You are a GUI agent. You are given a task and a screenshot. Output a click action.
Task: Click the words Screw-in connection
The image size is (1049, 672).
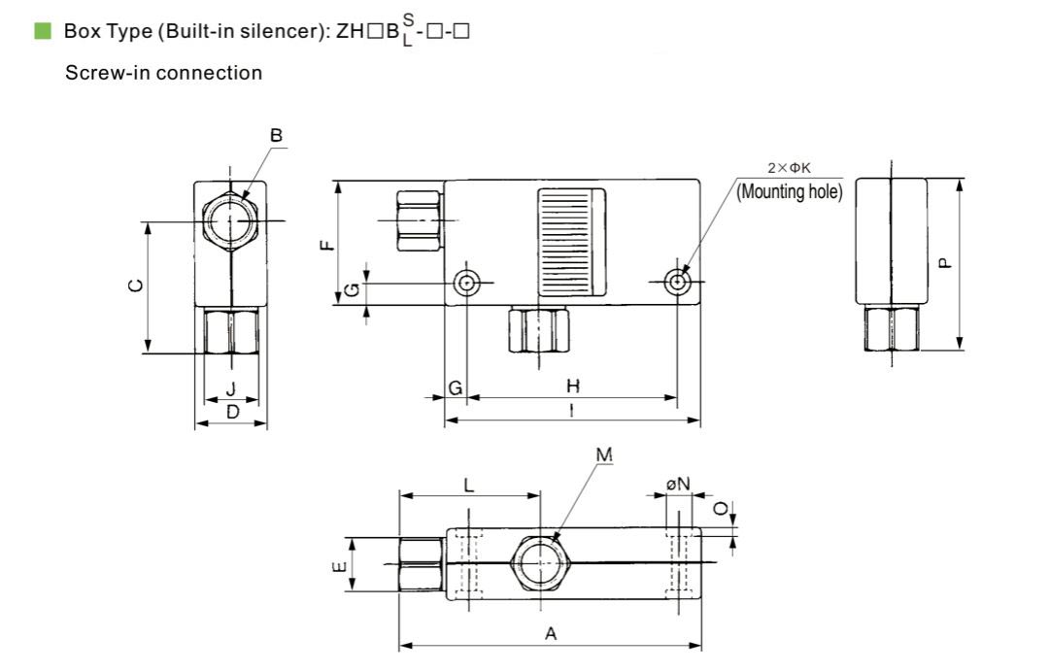tap(163, 73)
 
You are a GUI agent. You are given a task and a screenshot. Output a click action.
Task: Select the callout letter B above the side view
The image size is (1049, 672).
tap(276, 136)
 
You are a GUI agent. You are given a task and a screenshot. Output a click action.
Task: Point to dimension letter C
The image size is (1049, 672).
tap(136, 286)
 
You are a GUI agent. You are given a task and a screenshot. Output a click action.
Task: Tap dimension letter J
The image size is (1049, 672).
tap(230, 388)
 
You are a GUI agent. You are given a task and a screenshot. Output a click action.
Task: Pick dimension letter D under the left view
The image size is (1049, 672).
tap(232, 413)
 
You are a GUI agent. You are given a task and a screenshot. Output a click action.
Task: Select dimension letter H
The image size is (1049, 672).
tap(572, 386)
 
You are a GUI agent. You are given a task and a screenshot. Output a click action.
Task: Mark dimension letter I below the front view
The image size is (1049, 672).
tap(571, 411)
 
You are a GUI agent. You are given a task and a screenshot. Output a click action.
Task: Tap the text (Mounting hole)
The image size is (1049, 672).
tap(790, 191)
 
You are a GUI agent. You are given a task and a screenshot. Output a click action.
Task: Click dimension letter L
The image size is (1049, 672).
tap(469, 485)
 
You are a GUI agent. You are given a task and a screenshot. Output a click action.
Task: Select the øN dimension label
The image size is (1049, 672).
tap(677, 483)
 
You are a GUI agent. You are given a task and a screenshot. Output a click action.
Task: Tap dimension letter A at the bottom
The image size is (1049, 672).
tap(551, 634)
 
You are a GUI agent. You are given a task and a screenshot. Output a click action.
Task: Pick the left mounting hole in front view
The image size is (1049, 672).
tap(468, 283)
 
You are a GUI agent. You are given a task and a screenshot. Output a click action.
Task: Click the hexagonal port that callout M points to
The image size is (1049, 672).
tap(540, 563)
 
